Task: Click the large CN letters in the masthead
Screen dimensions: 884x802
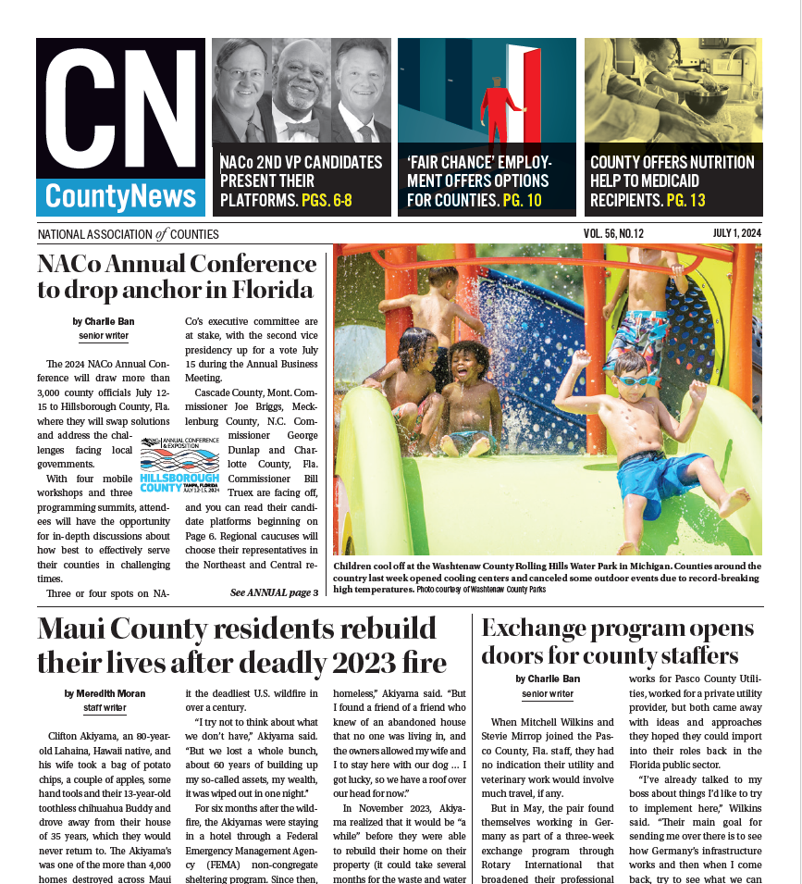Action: coord(120,109)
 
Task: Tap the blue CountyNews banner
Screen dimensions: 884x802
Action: coord(120,196)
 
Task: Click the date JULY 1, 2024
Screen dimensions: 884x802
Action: coord(736,234)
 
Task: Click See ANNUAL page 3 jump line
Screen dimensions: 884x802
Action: coord(274,592)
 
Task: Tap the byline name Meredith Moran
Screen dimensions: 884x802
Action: coord(105,693)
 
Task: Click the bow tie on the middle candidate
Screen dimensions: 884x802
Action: coord(302,128)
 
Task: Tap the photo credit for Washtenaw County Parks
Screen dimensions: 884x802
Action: coord(481,589)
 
